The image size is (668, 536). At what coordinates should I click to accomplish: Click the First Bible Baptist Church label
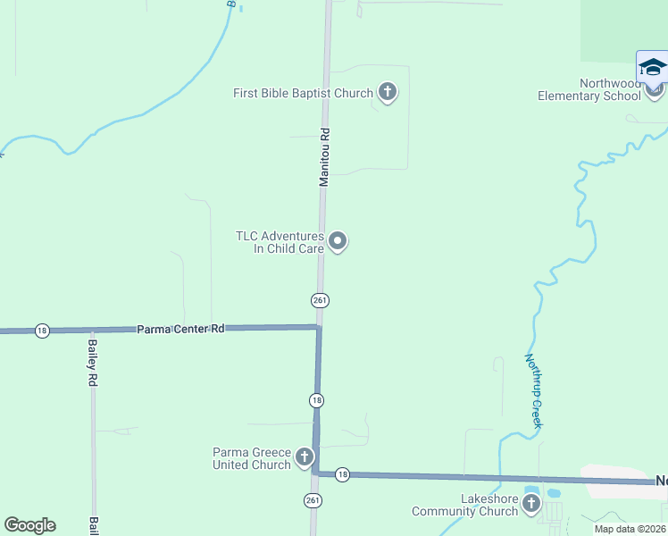303,93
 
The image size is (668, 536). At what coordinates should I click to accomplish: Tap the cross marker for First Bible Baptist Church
387,92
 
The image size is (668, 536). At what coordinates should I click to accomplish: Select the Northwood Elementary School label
589,89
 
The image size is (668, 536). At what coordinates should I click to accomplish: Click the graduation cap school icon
653,68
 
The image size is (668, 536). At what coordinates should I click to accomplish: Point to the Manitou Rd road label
325,156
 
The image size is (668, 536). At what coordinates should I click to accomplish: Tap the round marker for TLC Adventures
338,241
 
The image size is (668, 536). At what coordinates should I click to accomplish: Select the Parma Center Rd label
180,329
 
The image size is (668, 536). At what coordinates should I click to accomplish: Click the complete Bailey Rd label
92,362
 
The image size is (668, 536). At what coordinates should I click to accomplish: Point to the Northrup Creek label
533,390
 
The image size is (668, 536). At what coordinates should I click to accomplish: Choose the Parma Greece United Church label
252,458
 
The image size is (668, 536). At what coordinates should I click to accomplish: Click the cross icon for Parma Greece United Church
305,458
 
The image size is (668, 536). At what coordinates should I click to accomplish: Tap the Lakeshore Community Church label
464,505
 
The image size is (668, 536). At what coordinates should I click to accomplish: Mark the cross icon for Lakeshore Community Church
531,505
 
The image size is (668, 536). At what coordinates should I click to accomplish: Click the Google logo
29,525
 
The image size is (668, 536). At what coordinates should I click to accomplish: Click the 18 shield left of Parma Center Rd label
42,331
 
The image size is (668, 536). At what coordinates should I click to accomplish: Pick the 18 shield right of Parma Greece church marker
342,475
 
